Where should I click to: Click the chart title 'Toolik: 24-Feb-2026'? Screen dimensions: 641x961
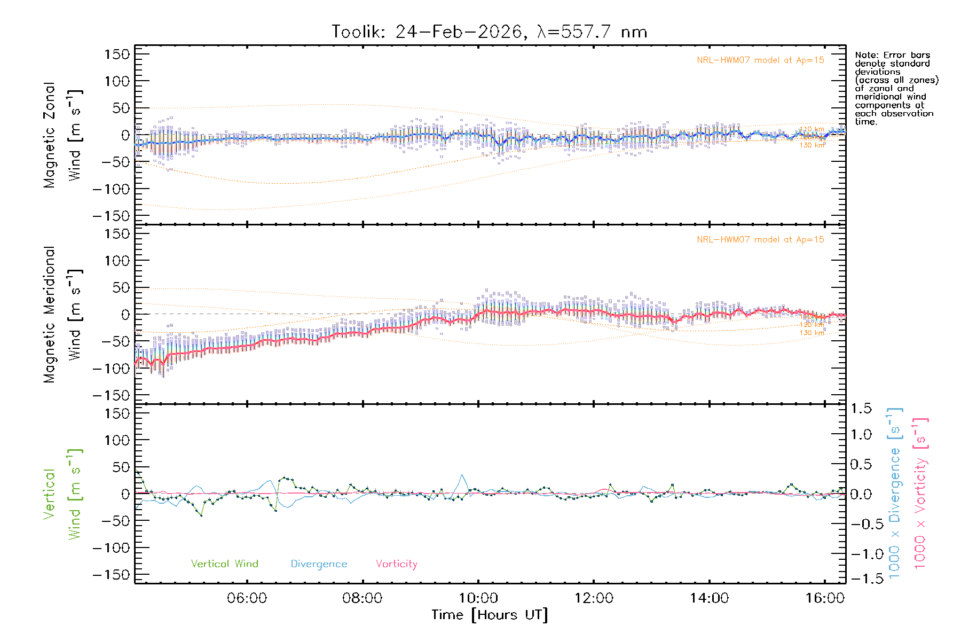click(427, 32)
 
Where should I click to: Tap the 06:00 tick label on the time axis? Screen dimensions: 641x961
click(247, 598)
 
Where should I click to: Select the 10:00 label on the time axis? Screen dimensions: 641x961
click(478, 598)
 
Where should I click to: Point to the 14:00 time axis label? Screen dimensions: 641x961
click(709, 598)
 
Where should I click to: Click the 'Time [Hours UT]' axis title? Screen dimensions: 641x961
click(490, 615)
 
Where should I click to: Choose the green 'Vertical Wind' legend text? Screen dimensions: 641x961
click(224, 564)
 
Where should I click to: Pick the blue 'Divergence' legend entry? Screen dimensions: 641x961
click(319, 564)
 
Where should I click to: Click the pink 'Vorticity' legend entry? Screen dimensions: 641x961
click(396, 564)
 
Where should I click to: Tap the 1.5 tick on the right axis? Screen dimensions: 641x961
click(861, 409)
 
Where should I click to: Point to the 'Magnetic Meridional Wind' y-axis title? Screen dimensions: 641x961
click(62, 315)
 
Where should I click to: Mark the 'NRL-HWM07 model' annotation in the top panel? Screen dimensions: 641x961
click(760, 60)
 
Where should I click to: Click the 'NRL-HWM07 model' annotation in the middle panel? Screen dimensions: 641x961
click(760, 240)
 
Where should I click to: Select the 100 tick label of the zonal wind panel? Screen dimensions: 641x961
click(117, 81)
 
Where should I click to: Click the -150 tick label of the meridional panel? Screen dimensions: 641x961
click(111, 395)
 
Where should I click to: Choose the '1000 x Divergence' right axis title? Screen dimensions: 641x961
click(895, 493)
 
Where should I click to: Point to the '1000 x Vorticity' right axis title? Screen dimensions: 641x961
click(920, 493)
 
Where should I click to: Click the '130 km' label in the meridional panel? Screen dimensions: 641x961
click(812, 333)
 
